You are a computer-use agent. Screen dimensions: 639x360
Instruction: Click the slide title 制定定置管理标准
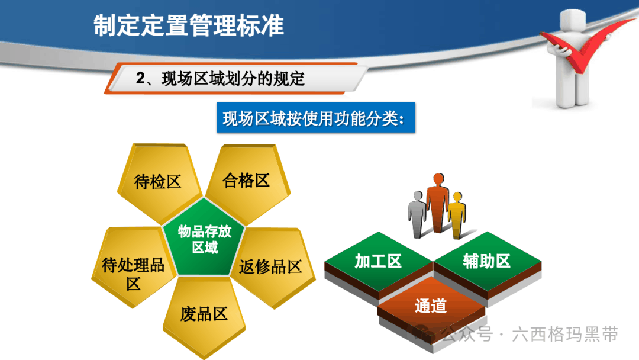pyautogui.click(x=189, y=25)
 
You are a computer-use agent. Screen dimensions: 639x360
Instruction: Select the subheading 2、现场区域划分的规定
pyautogui.click(x=221, y=79)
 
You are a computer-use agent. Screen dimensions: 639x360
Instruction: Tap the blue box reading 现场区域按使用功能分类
pyautogui.click(x=316, y=118)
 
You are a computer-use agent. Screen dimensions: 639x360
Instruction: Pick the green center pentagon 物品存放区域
pyautogui.click(x=204, y=238)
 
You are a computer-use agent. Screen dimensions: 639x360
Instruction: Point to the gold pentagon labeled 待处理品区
pyautogui.click(x=133, y=267)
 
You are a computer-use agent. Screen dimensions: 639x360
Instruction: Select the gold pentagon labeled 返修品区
pyautogui.click(x=272, y=267)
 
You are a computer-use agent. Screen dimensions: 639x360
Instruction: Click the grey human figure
pyautogui.click(x=417, y=214)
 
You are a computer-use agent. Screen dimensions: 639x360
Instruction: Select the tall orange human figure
pyautogui.click(x=438, y=203)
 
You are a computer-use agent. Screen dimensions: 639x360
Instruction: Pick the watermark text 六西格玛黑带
pyautogui.click(x=565, y=335)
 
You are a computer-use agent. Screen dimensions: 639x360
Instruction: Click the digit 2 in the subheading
pyautogui.click(x=141, y=78)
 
